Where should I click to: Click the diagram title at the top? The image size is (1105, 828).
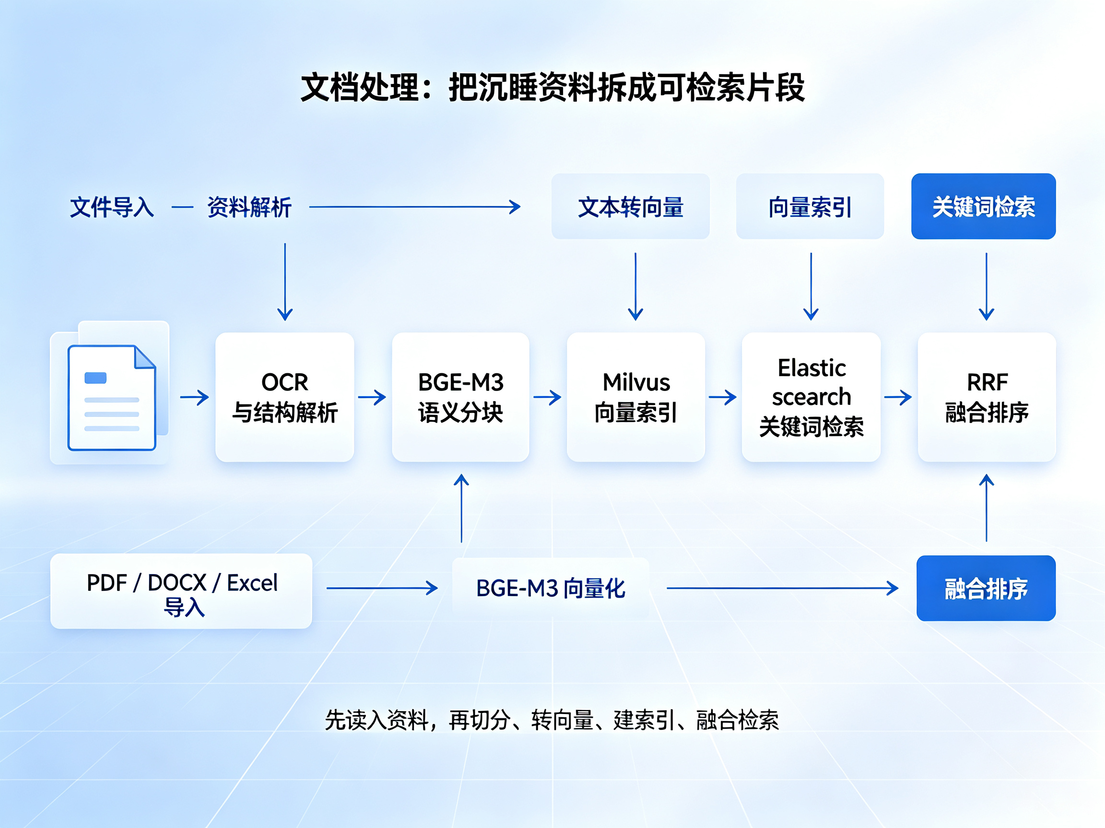pos(552,87)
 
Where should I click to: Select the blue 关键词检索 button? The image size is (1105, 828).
pos(983,206)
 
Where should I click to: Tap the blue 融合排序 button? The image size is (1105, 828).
pos(986,588)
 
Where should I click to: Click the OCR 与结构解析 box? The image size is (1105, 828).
pos(285,397)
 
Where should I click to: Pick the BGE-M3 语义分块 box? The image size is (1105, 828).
pos(460,397)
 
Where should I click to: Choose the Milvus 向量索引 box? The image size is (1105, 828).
pos(636,397)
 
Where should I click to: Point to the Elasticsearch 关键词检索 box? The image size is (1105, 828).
pos(811,397)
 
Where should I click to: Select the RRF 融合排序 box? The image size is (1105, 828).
pos(987,397)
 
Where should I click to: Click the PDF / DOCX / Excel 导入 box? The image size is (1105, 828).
pos(181,591)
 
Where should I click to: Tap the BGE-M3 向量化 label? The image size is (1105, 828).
pos(551,588)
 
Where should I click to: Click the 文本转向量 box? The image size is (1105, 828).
pos(630,206)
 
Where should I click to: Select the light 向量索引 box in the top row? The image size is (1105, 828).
pos(810,206)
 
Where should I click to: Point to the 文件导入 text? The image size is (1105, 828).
pos(112,207)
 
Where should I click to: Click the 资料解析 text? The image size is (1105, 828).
pos(249,207)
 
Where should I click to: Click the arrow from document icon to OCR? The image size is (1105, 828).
pos(194,397)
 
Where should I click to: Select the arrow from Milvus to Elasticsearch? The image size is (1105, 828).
pos(723,397)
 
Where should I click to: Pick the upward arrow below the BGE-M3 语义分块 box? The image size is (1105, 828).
pos(461,508)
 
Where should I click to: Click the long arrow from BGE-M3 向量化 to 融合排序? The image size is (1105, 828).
pos(783,588)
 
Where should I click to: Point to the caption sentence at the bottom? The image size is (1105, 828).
pos(552,720)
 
